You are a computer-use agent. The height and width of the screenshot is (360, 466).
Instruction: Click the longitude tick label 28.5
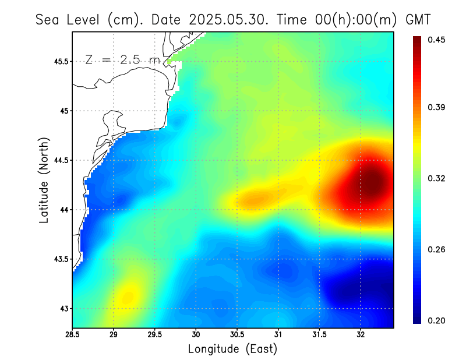(x=72, y=335)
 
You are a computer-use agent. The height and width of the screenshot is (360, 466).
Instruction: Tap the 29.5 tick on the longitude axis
(x=155, y=335)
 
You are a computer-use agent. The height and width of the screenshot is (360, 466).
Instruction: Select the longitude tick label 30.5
(x=237, y=335)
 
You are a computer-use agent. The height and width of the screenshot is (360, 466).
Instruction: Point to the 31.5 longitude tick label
(x=319, y=335)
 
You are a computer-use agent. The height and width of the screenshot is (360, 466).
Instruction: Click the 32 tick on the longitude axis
(x=361, y=335)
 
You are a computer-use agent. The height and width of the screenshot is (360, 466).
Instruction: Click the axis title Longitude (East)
(x=232, y=349)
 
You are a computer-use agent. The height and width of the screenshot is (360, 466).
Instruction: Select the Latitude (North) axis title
(x=44, y=179)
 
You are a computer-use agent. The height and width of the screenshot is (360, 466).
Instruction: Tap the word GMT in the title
(x=418, y=19)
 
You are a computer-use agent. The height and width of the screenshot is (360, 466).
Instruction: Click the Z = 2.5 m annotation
(x=122, y=59)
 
